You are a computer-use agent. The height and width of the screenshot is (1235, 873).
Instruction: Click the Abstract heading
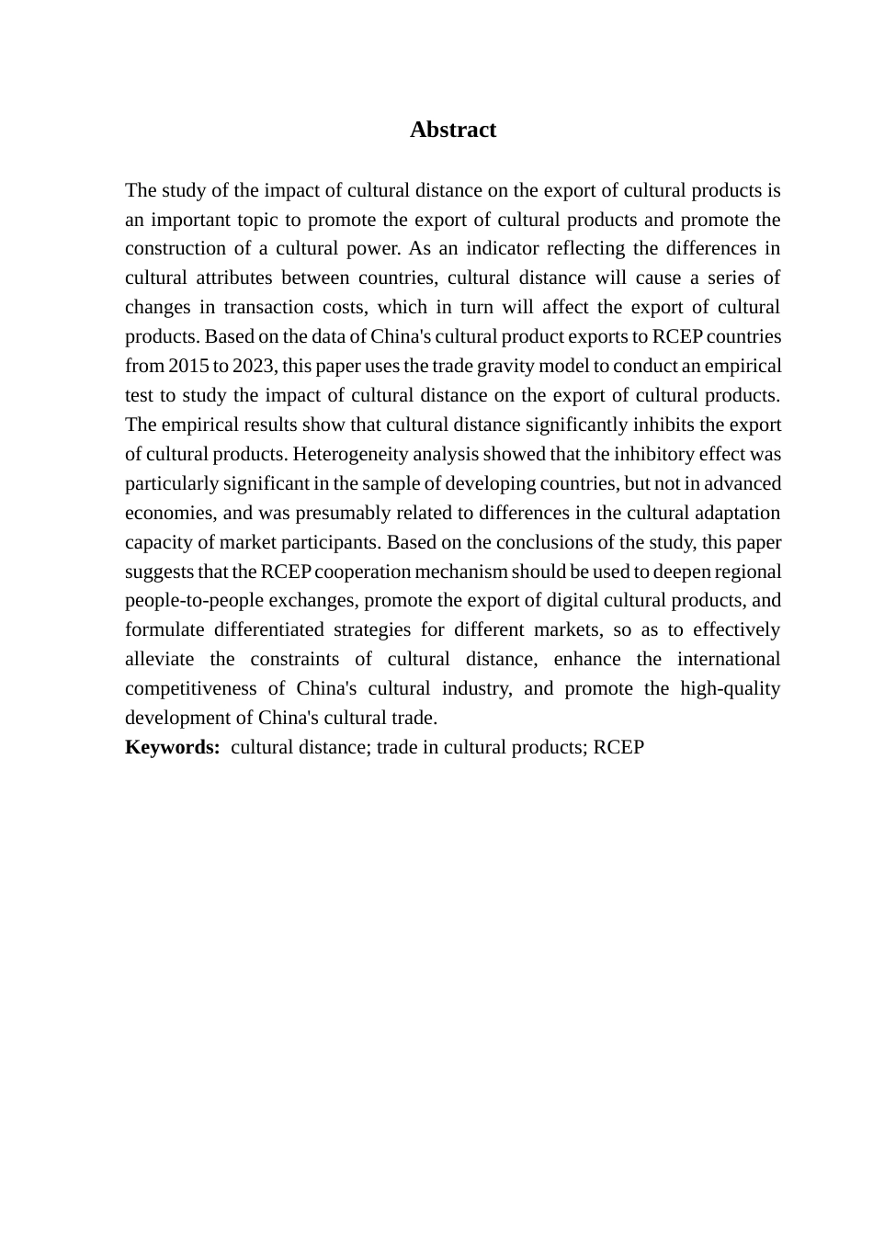(x=453, y=130)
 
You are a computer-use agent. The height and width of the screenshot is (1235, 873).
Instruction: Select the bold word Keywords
(x=172, y=747)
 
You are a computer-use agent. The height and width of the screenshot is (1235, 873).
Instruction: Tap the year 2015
(x=188, y=366)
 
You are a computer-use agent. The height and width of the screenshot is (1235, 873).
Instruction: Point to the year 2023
(x=254, y=366)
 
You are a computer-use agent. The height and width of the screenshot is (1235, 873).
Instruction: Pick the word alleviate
(x=159, y=659)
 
